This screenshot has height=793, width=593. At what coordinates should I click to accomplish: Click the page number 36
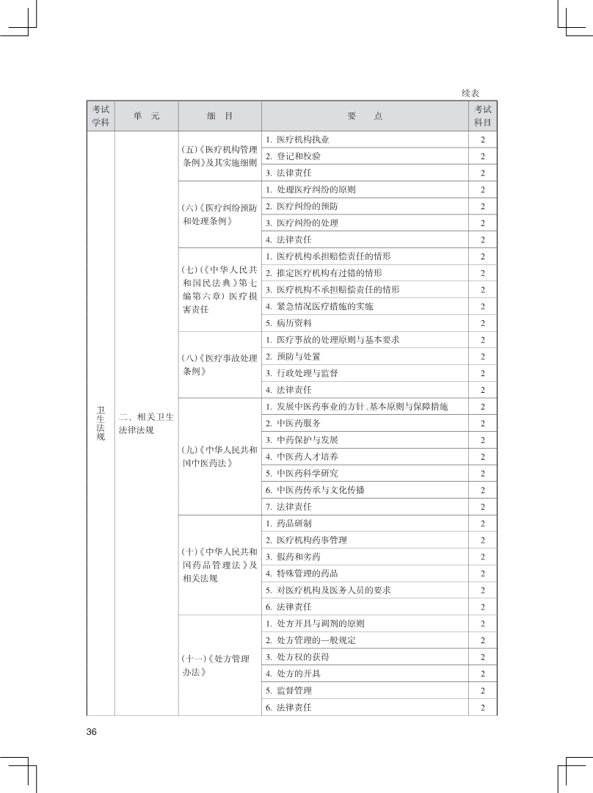click(92, 731)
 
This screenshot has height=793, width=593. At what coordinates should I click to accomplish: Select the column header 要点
click(365, 116)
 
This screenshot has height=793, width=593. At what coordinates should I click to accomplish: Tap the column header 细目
click(219, 116)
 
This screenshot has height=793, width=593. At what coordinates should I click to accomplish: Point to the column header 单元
click(146, 116)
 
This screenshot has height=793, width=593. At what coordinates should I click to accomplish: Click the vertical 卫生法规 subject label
click(101, 423)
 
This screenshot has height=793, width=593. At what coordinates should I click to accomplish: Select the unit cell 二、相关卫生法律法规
click(146, 423)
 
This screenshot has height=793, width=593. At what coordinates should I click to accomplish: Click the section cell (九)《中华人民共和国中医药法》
click(219, 456)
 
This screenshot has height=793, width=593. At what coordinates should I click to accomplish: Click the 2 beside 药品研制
click(483, 524)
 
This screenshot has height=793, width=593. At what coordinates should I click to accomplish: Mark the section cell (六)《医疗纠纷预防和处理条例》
click(219, 214)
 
